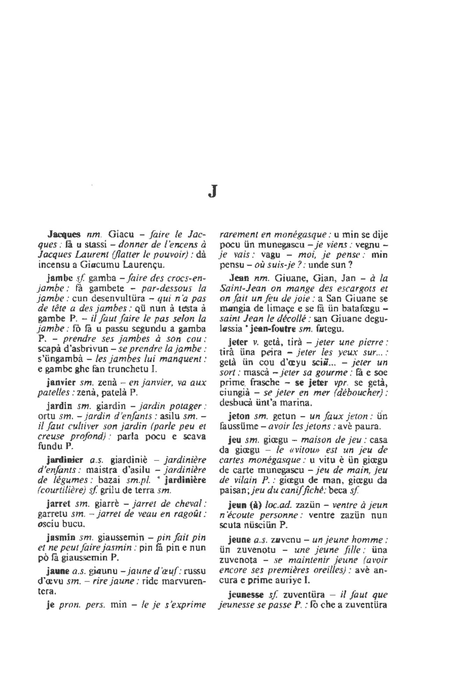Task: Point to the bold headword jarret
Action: click(59, 502)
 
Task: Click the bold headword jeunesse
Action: click(246, 595)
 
